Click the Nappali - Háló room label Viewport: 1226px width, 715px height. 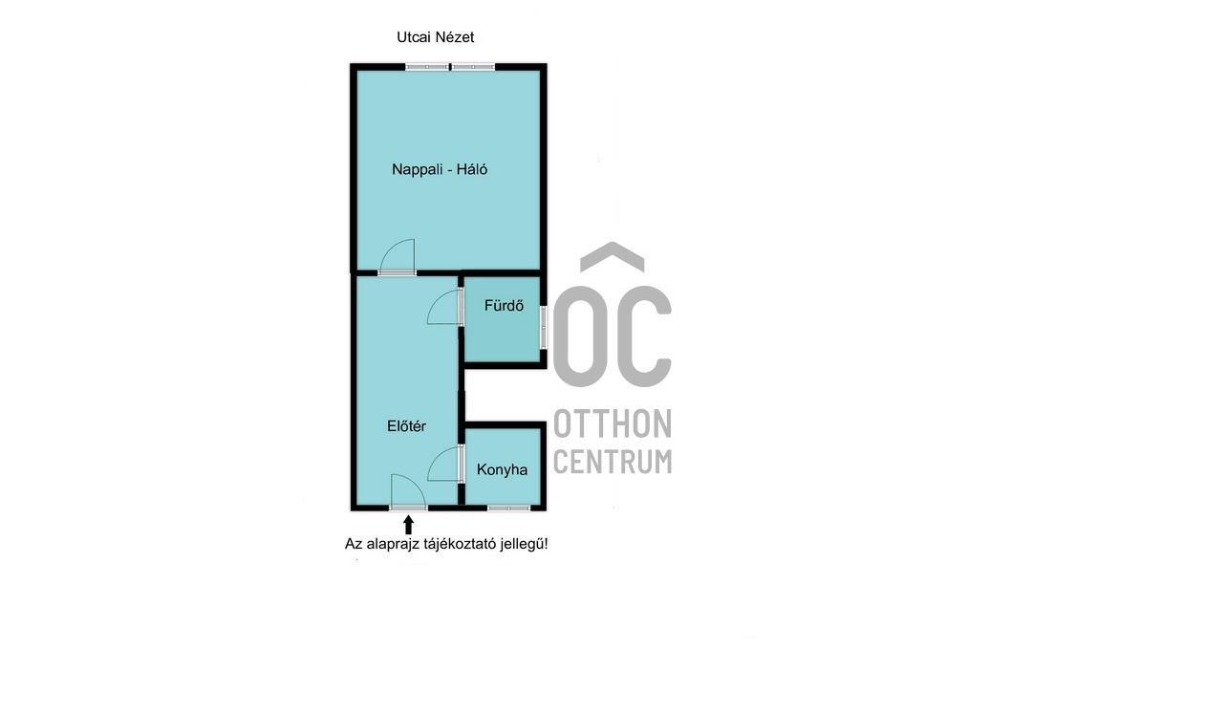click(440, 170)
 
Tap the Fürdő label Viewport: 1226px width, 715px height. click(504, 306)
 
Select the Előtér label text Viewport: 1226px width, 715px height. click(406, 426)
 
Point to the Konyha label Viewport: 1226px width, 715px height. click(502, 469)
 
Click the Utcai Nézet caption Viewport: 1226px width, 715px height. click(435, 37)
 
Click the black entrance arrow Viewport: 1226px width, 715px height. click(408, 525)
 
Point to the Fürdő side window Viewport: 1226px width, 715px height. click(544, 327)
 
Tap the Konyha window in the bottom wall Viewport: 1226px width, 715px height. click(508, 509)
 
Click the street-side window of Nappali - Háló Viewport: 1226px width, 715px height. click(450, 67)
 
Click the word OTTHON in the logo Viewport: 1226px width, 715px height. click(613, 423)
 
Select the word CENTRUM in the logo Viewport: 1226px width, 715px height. click(613, 461)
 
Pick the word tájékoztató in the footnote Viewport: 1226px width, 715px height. click(460, 544)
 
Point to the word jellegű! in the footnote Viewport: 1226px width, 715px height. click(524, 544)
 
